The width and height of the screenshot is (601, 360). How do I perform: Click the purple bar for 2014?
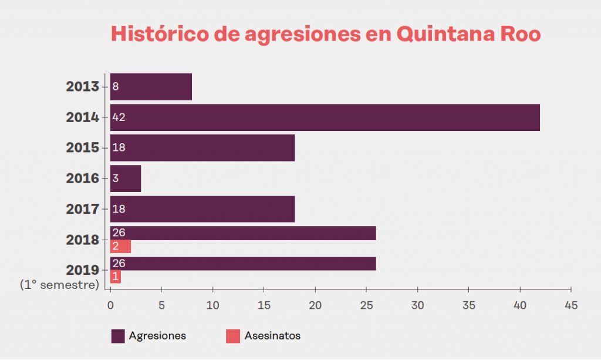pos(325,117)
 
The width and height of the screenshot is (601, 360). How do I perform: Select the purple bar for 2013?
pos(151,87)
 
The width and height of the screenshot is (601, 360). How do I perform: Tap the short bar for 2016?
pos(126,179)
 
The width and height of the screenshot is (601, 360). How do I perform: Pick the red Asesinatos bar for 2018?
pos(120,247)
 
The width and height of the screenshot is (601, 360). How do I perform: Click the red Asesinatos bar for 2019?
pos(116,277)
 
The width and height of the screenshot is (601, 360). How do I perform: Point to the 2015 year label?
pos(82,148)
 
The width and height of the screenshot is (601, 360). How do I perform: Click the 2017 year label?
pos(82,209)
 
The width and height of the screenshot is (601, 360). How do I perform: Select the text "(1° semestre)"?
pos(59,285)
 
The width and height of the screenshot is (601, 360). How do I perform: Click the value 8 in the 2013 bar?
pos(115,87)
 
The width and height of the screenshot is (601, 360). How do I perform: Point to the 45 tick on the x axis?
pos(571,305)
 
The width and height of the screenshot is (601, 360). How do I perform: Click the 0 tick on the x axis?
pos(110,305)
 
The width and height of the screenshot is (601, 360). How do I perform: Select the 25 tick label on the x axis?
pos(366,305)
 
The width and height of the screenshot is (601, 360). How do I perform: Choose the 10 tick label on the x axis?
pos(212,305)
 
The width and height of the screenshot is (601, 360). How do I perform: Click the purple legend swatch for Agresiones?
pos(118,336)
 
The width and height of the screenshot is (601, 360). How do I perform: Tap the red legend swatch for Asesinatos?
pos(233,336)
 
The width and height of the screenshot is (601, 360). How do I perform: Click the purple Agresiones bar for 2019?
pos(243,264)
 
